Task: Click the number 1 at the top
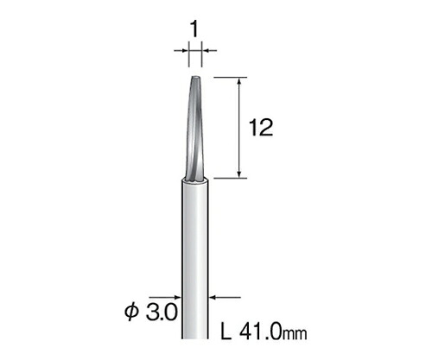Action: click(194, 30)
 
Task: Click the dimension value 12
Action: click(261, 128)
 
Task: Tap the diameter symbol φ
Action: click(131, 312)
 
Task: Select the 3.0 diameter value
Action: click(162, 313)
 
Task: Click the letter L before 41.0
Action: click(226, 332)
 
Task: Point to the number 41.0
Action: click(260, 332)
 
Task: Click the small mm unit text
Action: click(295, 334)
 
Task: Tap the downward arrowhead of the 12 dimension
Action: click(238, 174)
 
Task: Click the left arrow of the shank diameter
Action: click(165, 297)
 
